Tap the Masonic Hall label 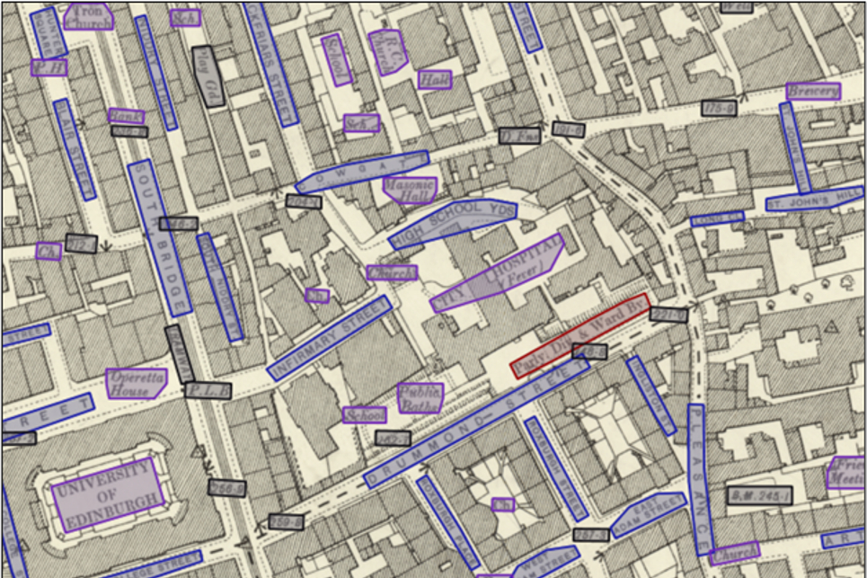point(410,189)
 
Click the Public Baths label point(420,397)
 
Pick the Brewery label point(812,91)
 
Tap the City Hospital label point(499,273)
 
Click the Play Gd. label point(208,76)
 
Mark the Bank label point(126,116)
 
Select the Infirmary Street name point(330,338)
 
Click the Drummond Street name point(476,422)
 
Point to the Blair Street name point(74,148)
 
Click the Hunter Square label point(48,32)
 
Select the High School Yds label point(454,223)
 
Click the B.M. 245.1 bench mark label point(759,495)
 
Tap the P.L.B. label point(208,391)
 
